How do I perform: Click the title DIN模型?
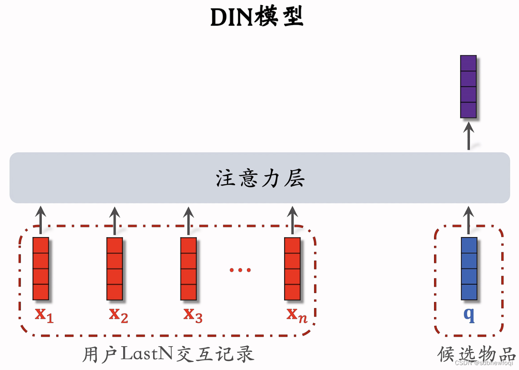tap(257, 17)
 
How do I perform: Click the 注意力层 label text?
tap(260, 179)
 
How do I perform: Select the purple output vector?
tap(468, 87)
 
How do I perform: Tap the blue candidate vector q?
tap(469, 269)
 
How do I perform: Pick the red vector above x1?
tap(41, 269)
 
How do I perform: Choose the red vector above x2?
tap(115, 269)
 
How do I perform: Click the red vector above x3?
tap(188, 269)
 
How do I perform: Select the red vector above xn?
tap(292, 269)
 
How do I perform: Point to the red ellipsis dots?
tap(240, 270)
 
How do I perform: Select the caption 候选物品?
tap(476, 354)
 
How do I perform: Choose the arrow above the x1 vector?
tap(40, 221)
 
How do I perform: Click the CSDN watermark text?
tap(484, 363)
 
